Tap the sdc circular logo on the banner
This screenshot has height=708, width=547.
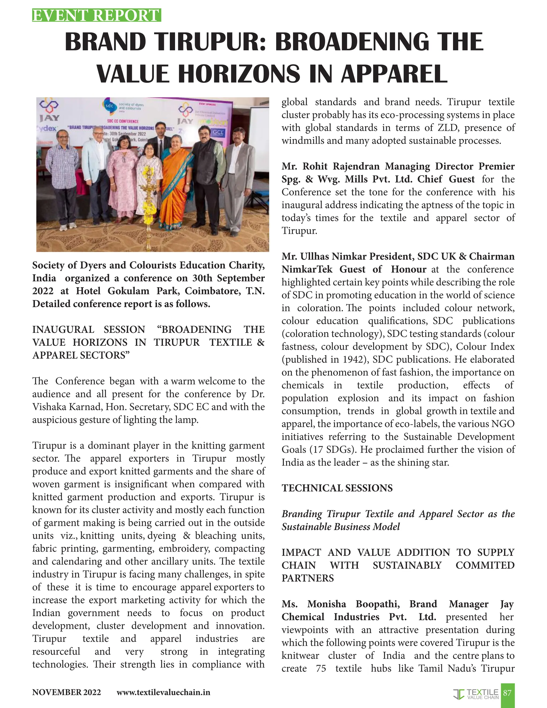pyautogui.click(x=110, y=106)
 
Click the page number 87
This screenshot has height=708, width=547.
pyautogui.click(x=507, y=693)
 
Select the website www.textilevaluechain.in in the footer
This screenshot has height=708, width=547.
pyautogui.click(x=163, y=693)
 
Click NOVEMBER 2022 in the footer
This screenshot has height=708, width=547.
pyautogui.click(x=67, y=693)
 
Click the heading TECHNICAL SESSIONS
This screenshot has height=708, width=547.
pyautogui.click(x=337, y=488)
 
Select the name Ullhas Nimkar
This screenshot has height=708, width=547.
pyautogui.click(x=334, y=256)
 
